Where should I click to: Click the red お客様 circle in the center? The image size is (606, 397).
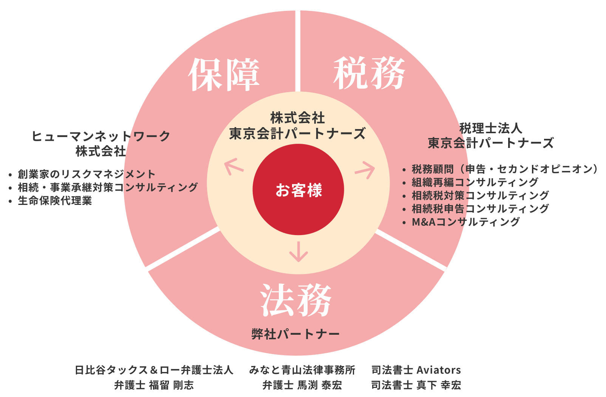coord(298,189)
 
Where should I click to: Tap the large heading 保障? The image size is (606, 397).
coord(224,75)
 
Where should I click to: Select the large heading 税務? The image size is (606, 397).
coord(369,73)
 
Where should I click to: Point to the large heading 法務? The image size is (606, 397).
coord(296,300)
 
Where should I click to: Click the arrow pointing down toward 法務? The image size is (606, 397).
coord(298,252)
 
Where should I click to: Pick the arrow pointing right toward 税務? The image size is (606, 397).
coord(365,170)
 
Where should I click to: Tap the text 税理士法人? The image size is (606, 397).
coord(491,128)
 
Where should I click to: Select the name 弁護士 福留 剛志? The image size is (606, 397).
coord(154,385)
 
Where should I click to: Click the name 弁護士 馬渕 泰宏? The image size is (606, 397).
coord(302,385)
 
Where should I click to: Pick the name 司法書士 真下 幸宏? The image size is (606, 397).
coord(416,385)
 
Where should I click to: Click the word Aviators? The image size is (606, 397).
coord(439,370)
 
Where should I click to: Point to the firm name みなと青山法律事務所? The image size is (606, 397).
coord(302,370)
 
